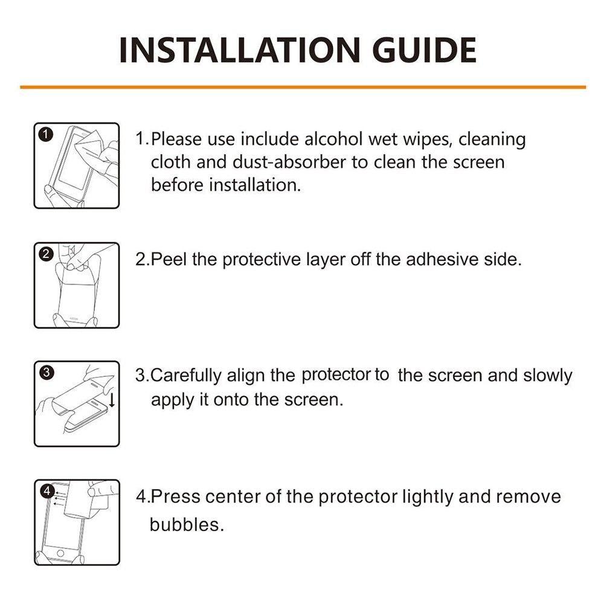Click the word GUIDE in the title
(424, 51)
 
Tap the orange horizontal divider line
(303, 88)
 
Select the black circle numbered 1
(46, 135)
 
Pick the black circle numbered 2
(47, 254)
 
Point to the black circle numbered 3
(47, 373)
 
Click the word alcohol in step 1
(333, 139)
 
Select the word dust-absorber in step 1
(289, 162)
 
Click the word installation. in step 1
(255, 185)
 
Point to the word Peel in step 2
(169, 259)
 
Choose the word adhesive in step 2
(442, 259)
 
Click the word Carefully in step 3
(185, 376)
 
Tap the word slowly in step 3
(548, 376)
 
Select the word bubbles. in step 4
(187, 525)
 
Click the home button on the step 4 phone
(60, 553)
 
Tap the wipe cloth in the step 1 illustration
(89, 143)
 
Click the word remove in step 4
(528, 496)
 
